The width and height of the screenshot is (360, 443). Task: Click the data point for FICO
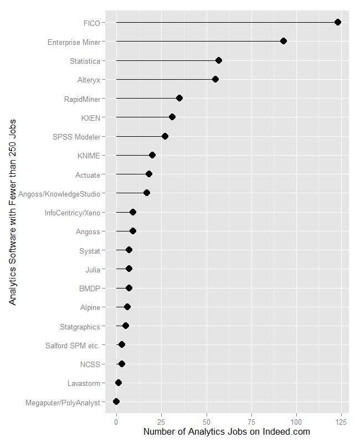[x=338, y=22]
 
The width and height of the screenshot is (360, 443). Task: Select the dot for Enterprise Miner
[x=284, y=41]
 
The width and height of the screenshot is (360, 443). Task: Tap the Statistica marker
[x=219, y=60]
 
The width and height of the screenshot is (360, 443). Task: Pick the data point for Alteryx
[x=215, y=79]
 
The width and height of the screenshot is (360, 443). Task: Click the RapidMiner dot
[x=179, y=98]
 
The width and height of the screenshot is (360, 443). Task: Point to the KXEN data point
[x=172, y=117]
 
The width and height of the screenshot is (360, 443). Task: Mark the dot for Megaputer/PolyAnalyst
[x=116, y=401]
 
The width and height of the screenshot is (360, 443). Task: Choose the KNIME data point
[x=152, y=155]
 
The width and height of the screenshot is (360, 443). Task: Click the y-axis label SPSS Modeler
[x=77, y=137]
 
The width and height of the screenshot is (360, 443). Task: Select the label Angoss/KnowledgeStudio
[x=59, y=194]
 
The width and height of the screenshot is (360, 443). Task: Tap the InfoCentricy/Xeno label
[x=73, y=213]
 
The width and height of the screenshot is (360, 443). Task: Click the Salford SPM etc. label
[x=73, y=346]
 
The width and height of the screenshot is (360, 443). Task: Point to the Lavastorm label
[x=84, y=383]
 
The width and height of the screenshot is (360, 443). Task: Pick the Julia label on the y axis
[x=92, y=270]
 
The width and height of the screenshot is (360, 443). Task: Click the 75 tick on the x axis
[x=251, y=422]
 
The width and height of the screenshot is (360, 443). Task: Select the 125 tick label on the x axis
[x=342, y=422]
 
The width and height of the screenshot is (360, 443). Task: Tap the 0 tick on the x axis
[x=116, y=422]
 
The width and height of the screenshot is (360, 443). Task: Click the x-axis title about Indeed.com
[x=227, y=432]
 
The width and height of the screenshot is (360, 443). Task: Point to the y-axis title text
[x=12, y=211]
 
